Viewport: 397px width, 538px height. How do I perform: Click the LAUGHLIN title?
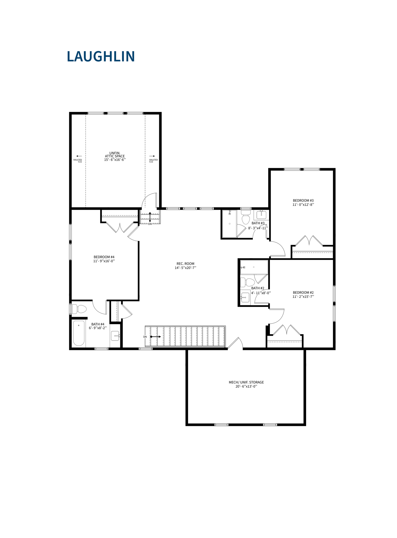click(101, 56)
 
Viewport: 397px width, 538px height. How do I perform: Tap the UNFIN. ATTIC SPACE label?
click(115, 154)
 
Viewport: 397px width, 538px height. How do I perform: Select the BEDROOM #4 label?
click(104, 257)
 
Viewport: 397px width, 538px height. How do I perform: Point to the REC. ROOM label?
click(185, 264)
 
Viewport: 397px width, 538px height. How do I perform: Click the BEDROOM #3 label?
click(303, 200)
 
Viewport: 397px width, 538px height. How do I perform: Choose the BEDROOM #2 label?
click(303, 292)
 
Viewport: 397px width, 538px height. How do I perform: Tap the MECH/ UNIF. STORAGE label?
click(246, 382)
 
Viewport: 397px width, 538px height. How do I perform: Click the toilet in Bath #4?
click(79, 309)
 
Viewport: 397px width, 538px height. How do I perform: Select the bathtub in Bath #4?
click(79, 333)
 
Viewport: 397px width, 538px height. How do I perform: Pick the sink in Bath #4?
click(115, 336)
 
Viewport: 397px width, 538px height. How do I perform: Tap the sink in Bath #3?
click(261, 215)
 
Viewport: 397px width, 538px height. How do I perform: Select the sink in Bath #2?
click(245, 298)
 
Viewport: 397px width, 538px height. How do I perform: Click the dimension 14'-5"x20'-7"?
click(185, 268)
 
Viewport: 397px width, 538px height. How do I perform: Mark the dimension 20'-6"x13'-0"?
click(246, 386)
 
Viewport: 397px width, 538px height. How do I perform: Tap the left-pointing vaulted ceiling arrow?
click(79, 156)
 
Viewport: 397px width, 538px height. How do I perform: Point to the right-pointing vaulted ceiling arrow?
click(152, 156)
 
